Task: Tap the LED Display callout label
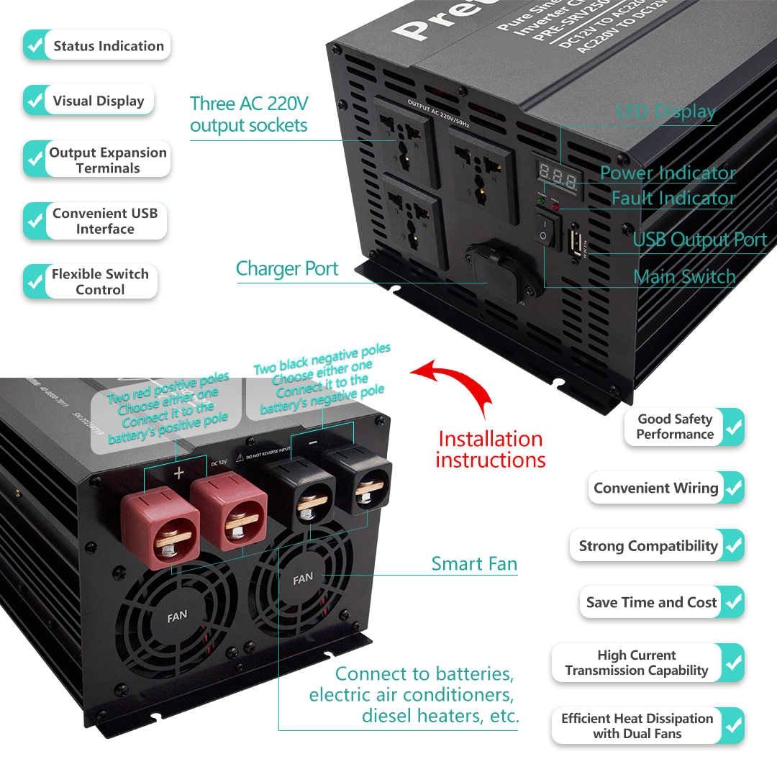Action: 666,112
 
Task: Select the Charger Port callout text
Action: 287,269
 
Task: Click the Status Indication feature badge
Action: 97,46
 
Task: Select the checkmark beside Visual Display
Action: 35,101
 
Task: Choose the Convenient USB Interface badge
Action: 96,221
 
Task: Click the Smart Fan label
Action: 474,564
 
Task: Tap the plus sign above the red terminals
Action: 179,473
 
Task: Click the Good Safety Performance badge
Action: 683,427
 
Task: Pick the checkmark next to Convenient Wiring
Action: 733,488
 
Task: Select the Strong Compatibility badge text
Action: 648,546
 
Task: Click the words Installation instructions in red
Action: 491,449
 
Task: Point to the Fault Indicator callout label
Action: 673,198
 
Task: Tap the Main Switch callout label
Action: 684,276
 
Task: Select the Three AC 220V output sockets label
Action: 249,114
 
